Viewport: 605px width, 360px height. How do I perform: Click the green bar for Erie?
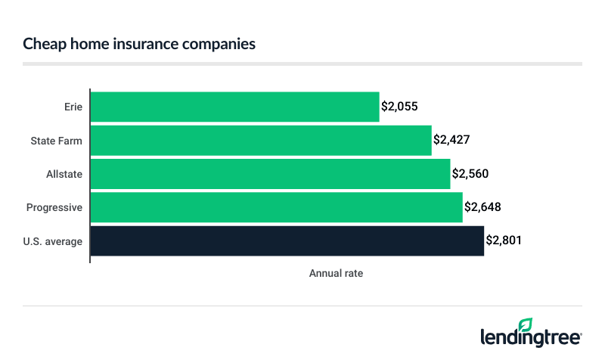(234, 107)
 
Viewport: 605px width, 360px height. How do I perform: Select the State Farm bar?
(261, 140)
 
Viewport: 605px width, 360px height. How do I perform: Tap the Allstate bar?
(270, 173)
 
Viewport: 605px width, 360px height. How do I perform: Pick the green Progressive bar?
(276, 207)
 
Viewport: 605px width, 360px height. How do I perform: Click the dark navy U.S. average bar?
(287, 241)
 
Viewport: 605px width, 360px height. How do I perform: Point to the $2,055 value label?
(399, 107)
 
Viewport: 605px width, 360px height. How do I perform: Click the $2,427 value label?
(451, 140)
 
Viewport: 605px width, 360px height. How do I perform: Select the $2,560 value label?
(470, 173)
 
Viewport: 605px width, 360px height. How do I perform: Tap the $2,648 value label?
(482, 207)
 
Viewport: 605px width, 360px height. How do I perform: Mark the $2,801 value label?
(504, 241)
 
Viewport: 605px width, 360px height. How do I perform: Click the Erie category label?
(73, 107)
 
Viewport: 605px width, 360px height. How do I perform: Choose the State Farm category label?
(57, 140)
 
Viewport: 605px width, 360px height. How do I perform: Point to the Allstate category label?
(64, 173)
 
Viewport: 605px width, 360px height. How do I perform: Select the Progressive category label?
(54, 207)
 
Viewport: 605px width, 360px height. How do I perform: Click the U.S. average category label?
(54, 241)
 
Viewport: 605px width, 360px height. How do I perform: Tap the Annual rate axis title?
(336, 274)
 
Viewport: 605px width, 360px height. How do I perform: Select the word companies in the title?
(221, 44)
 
